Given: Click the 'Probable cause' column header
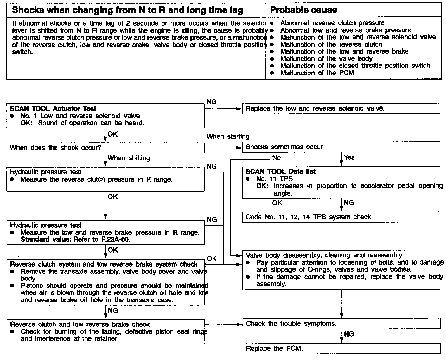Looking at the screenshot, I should pos(303,10).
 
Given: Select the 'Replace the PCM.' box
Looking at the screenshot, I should pos(341,349).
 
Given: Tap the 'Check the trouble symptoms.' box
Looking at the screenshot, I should pos(341,324).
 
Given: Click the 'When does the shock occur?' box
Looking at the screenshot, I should pos(105,148).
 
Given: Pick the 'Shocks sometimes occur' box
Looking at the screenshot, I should pos(341,147).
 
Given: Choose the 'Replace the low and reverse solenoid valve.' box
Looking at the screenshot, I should pos(341,108).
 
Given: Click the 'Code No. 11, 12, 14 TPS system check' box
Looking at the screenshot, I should pos(341,217).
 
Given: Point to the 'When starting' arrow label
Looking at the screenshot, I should pos(228,137).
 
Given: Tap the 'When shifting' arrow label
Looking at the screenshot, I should pos(129,158).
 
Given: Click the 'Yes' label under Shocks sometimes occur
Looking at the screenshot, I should pos(349,157).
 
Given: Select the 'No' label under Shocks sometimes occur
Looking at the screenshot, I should pos(276,157).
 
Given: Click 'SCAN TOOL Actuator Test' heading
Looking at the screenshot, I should pos(53,109).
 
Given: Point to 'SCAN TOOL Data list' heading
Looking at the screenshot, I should pos(281,172).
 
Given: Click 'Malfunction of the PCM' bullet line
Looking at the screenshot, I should pos(317,73).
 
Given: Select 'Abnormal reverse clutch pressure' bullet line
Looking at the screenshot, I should pos(332,23).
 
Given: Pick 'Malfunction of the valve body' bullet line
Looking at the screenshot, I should pos(326,59).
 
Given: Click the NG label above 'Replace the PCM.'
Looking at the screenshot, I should pos(349,334).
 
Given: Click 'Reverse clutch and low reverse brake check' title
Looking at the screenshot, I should pos(80,324).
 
